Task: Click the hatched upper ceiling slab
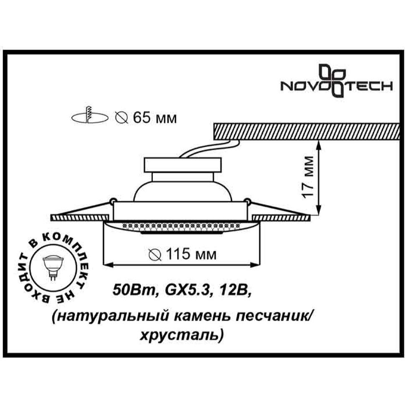click(x=309, y=132)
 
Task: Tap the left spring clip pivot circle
click(x=112, y=200)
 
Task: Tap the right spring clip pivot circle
click(x=247, y=200)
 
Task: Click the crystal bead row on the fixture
click(x=182, y=227)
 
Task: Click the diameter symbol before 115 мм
click(x=155, y=255)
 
